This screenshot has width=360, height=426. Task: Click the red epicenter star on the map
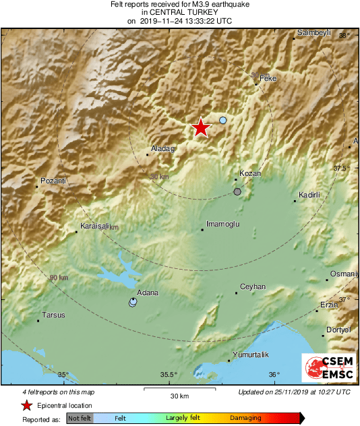click(x=200, y=127)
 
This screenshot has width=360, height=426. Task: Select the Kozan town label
click(x=250, y=173)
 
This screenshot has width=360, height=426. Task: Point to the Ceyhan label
click(x=253, y=286)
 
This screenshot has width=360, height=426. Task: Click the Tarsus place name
click(x=53, y=315)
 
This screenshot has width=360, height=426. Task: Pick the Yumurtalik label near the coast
click(x=250, y=355)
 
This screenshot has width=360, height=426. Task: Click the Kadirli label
click(x=311, y=195)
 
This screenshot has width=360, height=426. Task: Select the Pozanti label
click(x=53, y=181)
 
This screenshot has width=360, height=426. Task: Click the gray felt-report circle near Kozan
click(x=237, y=192)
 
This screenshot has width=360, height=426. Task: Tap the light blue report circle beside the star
click(x=223, y=120)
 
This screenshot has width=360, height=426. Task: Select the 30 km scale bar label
click(x=179, y=395)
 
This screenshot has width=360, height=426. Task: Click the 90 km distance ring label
click(x=59, y=278)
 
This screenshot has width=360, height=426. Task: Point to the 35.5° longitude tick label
click(x=169, y=375)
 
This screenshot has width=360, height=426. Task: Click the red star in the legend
click(x=26, y=405)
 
